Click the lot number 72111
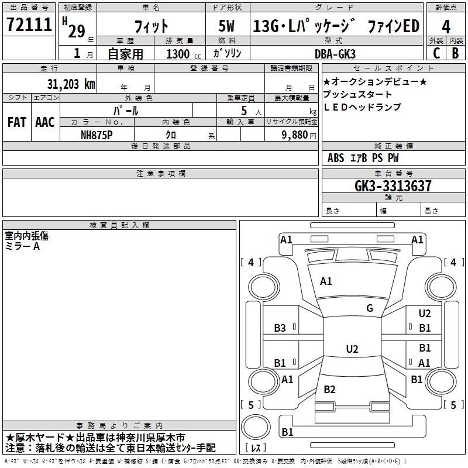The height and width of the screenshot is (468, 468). [x=29, y=25]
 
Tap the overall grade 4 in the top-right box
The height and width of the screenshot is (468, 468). [x=446, y=27]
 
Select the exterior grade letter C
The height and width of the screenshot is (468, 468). [x=436, y=53]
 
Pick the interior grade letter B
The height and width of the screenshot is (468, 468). [x=455, y=53]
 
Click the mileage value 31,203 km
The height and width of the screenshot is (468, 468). [x=71, y=84]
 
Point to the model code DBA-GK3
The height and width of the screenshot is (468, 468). [x=335, y=54]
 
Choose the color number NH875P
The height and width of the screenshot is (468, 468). [x=97, y=135]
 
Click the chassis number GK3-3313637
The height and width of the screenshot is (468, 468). [x=393, y=186]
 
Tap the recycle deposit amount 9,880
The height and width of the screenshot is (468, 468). [x=294, y=135]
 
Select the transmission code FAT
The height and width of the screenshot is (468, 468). [x=17, y=122]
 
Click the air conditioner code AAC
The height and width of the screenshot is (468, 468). [x=45, y=122]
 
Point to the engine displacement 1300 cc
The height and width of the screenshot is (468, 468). [x=184, y=54]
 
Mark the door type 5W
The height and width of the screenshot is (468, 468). [x=226, y=26]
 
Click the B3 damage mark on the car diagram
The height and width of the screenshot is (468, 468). [x=280, y=328]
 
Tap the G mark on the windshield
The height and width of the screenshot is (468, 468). [x=370, y=308]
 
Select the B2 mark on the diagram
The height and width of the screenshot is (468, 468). [x=329, y=389]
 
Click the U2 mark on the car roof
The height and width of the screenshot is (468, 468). [x=352, y=349]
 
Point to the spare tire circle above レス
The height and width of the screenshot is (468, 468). [x=256, y=427]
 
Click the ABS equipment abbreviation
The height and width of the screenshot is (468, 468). [x=336, y=158]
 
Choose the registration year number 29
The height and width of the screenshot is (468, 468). [x=77, y=31]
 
